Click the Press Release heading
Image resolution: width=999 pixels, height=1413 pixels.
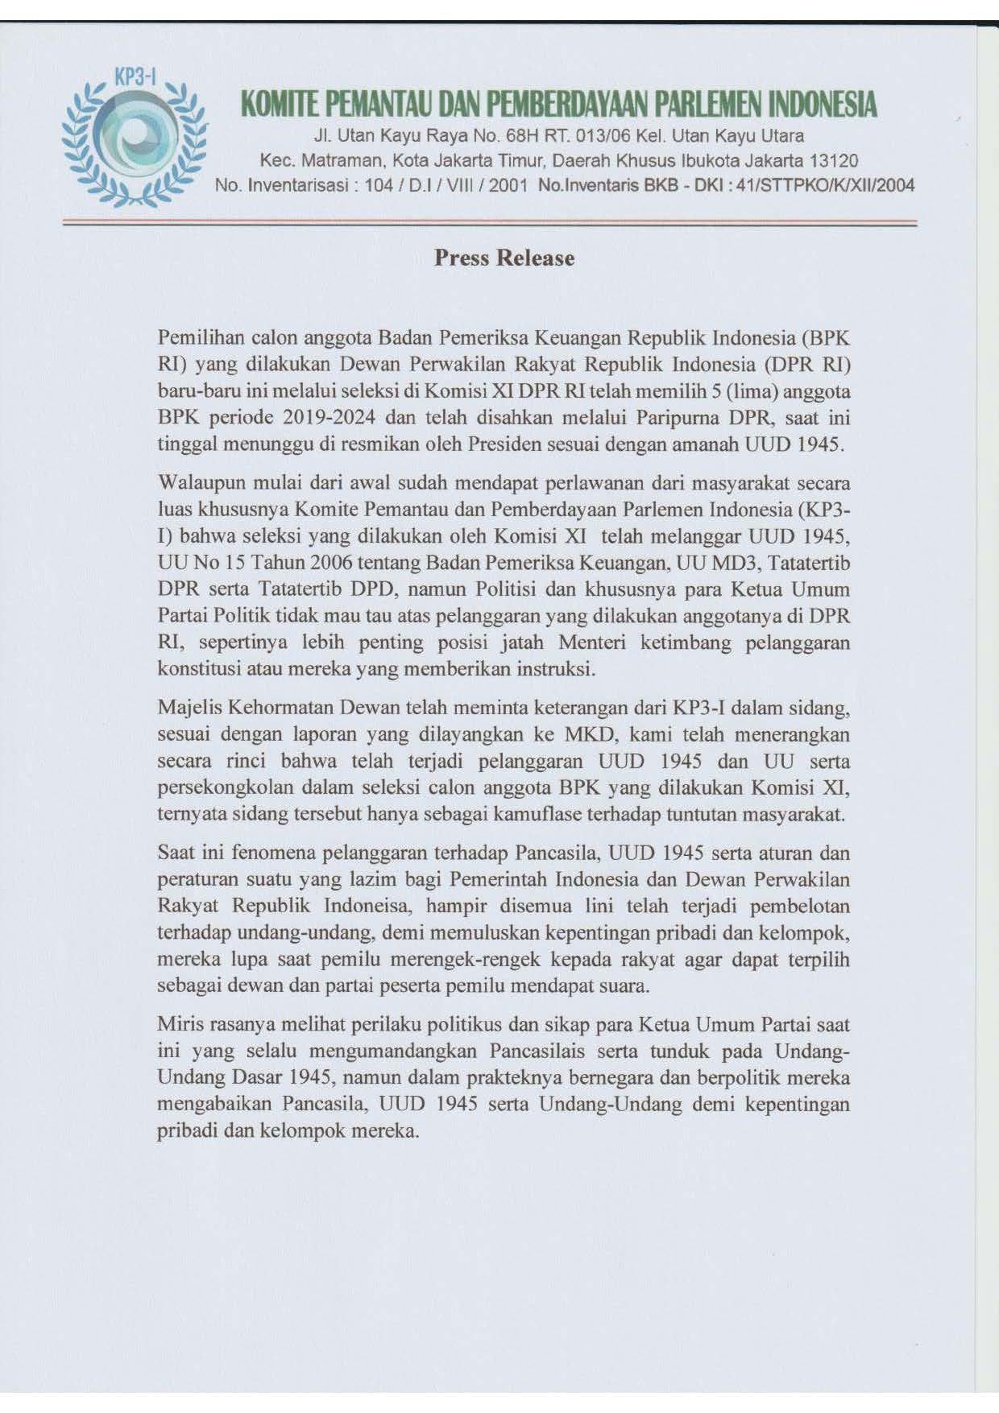coord(504,258)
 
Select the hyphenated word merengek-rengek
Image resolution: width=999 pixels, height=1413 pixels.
coord(482,959)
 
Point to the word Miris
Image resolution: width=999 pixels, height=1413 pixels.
coord(180,1025)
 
